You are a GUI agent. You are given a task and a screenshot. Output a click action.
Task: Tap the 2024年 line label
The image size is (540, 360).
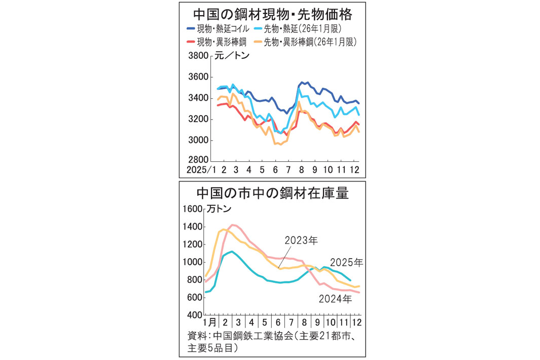(335, 299)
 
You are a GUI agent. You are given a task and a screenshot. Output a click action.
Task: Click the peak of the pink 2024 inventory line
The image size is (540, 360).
(233, 225)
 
